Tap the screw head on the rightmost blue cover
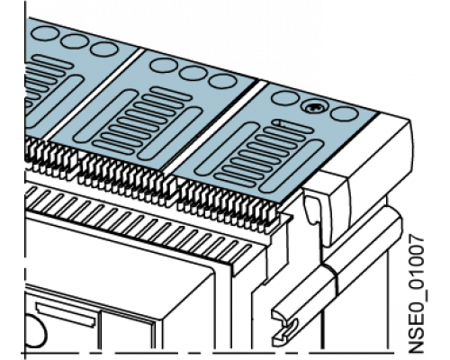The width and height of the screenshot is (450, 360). [x=314, y=107]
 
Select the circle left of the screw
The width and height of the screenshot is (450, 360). [x=285, y=98]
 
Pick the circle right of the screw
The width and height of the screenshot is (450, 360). [x=345, y=113]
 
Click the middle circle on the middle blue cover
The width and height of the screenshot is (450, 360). [x=193, y=73]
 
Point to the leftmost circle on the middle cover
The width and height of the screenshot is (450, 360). [x=164, y=66]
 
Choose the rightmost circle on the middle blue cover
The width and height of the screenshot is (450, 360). [x=223, y=81]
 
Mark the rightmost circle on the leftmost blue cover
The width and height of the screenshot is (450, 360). [x=103, y=49]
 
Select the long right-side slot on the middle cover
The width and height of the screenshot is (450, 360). [x=169, y=134]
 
